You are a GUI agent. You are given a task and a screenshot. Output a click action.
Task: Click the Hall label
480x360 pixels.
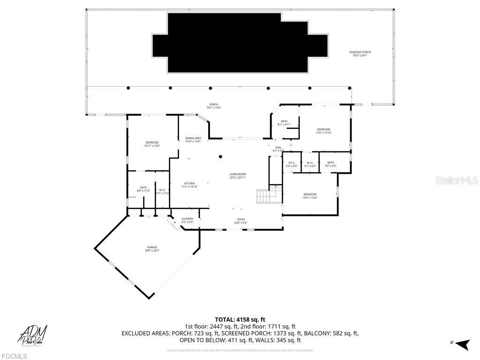point(278,149)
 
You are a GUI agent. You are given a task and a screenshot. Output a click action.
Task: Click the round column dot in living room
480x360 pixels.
point(220,157)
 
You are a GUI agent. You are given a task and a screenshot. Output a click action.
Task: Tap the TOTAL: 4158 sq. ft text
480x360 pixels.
point(240,320)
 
